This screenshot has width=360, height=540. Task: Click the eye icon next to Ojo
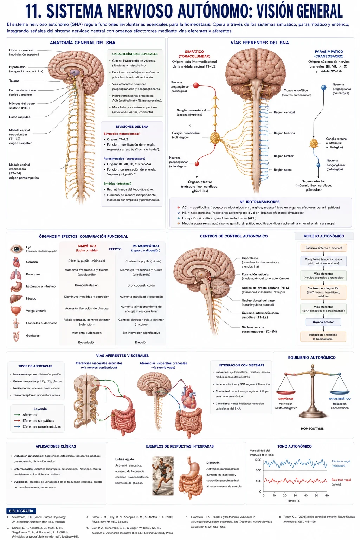(x=17, y=249)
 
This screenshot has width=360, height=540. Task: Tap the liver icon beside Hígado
(x=16, y=299)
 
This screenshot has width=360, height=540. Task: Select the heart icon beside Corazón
(x=16, y=262)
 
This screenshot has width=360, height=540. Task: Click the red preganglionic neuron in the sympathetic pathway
(x=196, y=85)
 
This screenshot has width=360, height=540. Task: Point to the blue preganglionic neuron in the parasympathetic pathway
(x=324, y=88)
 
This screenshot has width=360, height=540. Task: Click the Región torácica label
(x=284, y=133)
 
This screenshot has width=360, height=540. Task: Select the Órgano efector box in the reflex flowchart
(x=323, y=322)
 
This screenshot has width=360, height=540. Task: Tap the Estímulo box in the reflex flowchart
(x=323, y=248)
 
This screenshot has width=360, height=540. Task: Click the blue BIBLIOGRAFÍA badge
(x=21, y=511)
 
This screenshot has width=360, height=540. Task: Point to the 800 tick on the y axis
(x=258, y=470)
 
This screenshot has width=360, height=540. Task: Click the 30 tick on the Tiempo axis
(x=295, y=496)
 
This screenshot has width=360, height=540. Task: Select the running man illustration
(x=163, y=476)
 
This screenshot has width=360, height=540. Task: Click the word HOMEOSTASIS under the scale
(x=312, y=429)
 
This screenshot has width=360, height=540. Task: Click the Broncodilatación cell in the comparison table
(x=86, y=285)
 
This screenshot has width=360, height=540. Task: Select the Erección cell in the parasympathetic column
(x=141, y=342)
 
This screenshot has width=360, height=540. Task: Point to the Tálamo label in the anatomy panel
(x=14, y=81)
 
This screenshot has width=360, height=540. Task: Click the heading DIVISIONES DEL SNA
(x=132, y=127)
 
